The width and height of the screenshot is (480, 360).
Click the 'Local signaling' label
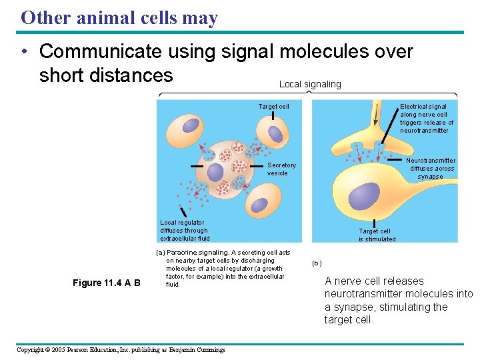[309, 84]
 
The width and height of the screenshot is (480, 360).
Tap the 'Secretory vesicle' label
[281, 169]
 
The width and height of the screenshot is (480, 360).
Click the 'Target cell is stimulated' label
[377, 235]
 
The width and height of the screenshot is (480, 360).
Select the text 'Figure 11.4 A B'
[107, 283]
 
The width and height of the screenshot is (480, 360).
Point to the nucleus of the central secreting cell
[215, 172]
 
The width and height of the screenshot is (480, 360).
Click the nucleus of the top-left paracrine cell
[191, 126]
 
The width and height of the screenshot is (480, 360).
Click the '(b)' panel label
[317, 263]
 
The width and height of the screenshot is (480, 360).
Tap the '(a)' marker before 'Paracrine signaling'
[160, 253]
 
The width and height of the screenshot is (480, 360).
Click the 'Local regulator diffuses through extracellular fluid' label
[185, 231]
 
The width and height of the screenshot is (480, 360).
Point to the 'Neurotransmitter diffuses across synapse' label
[431, 169]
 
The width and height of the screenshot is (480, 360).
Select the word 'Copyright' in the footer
[33, 349]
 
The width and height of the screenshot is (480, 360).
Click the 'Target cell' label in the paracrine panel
[273, 107]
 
